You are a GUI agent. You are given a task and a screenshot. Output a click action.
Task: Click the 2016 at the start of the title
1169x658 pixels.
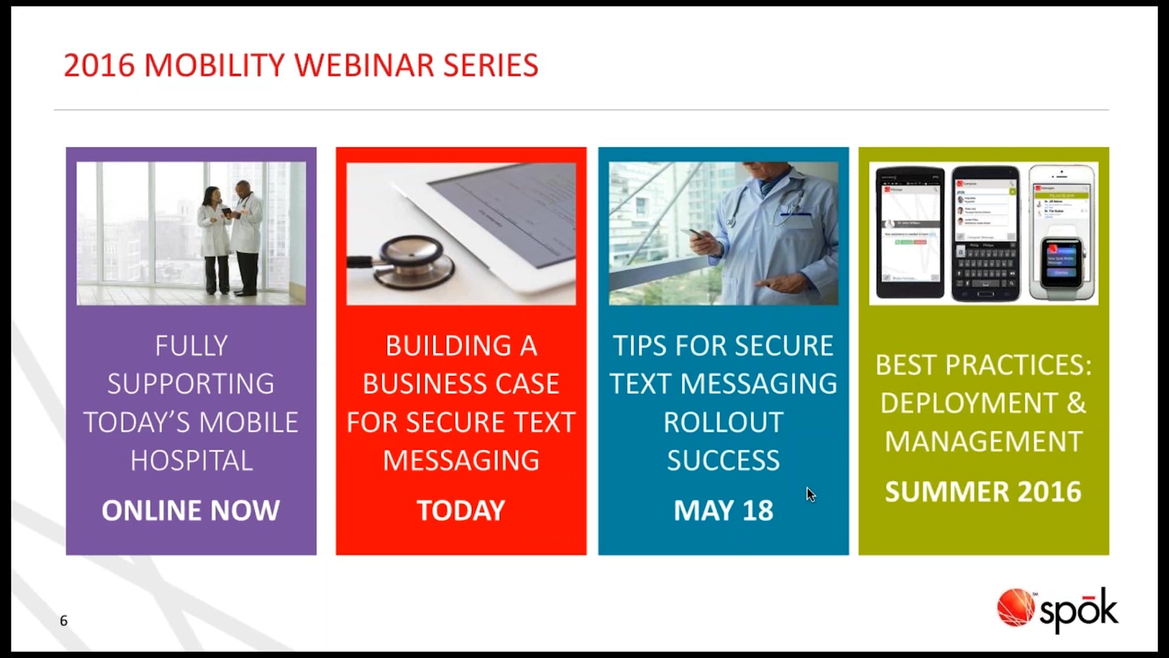[x=99, y=65]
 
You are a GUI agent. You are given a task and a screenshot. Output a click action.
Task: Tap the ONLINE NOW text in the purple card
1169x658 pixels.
[x=191, y=511]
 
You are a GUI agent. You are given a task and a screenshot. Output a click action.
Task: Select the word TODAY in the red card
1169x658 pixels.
[x=461, y=511]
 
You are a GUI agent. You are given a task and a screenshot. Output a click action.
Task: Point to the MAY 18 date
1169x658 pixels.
[x=723, y=511]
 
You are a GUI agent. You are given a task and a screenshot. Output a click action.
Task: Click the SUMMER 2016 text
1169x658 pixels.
[x=983, y=492]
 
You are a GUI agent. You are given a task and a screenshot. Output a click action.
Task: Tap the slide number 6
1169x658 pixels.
[x=63, y=621]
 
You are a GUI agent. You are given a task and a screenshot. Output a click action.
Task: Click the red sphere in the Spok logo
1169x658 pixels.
[x=1015, y=607]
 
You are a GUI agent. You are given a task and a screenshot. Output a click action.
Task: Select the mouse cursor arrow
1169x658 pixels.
[x=810, y=494]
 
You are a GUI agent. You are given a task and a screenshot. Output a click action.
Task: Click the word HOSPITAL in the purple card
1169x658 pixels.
[x=191, y=461]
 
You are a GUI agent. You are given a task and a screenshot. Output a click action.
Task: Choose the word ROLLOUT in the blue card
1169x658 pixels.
[x=723, y=422]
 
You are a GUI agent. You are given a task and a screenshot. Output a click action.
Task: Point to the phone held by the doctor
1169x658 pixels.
[x=698, y=234]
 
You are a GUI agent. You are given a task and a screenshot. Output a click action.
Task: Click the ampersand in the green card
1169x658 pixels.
[x=1076, y=403]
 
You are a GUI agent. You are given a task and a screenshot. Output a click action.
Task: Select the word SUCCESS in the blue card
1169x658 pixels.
[x=723, y=461]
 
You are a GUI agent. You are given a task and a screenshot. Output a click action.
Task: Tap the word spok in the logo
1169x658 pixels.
[x=1078, y=610]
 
